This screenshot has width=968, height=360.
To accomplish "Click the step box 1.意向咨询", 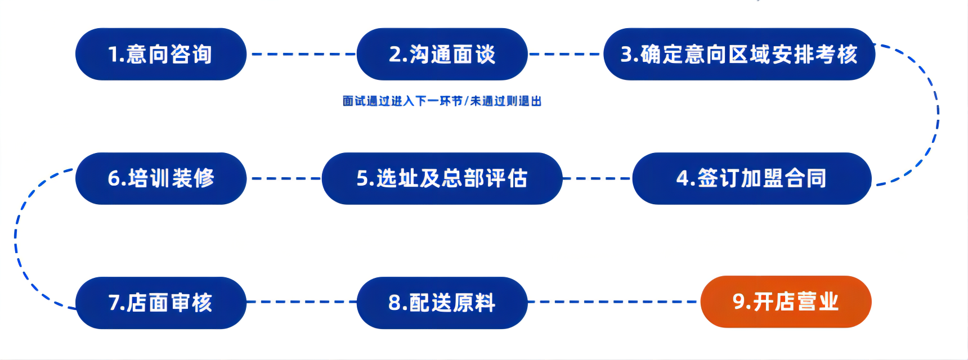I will click(x=161, y=54).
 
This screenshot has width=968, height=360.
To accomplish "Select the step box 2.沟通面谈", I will click(x=442, y=54).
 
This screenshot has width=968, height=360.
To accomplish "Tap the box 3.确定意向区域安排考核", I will click(x=739, y=54).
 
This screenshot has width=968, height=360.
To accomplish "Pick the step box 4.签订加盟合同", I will click(x=751, y=178).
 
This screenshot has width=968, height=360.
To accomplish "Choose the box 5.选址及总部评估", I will click(x=442, y=178).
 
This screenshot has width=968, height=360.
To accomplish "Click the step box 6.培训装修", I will click(x=161, y=178).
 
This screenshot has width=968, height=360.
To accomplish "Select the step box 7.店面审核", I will click(x=161, y=303).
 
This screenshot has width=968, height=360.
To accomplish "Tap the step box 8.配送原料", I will click(x=442, y=303).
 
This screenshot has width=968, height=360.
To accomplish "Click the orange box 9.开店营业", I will click(x=786, y=301).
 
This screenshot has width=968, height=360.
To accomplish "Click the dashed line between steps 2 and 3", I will click(x=565, y=54).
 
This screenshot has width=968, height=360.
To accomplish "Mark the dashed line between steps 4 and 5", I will click(x=597, y=178).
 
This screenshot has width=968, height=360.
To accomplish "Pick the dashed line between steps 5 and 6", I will click(x=284, y=178).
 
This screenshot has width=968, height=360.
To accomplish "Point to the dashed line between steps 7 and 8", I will click(x=302, y=302).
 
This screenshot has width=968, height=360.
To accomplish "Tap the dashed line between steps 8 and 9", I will click(x=613, y=302).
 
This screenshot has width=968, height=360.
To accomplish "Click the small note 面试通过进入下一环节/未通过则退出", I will click(x=442, y=101).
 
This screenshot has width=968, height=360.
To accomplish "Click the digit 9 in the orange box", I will click(x=739, y=301).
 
